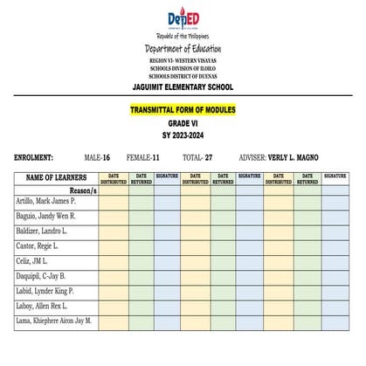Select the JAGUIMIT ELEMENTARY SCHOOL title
pos(183,87)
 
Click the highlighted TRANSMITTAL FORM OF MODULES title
pos(183,111)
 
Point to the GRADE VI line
pos(183,124)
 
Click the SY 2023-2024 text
pos(183,136)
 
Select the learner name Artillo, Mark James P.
pos(45,201)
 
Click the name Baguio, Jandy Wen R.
pos(45,216)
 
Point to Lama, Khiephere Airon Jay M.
pos(53,321)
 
